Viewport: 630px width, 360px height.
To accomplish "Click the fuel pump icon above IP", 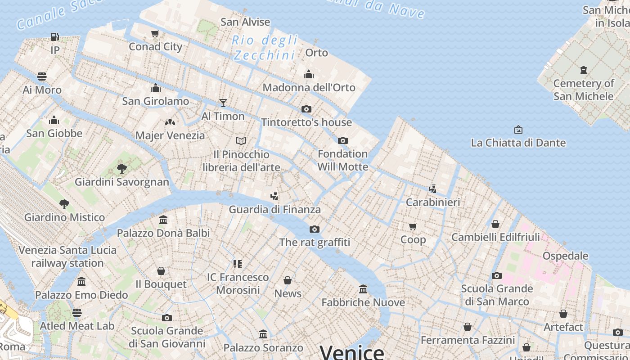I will [x=54, y=36].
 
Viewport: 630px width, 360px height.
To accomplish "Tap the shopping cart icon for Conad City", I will [x=155, y=33].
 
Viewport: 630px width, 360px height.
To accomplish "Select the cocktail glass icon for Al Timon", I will [x=223, y=103].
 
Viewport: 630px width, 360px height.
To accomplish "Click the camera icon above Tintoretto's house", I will [x=306, y=109].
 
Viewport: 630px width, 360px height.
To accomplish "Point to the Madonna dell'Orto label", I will [x=309, y=87].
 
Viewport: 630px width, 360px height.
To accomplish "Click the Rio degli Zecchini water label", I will [x=265, y=48].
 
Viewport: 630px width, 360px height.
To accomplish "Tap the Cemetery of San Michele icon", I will [x=584, y=70].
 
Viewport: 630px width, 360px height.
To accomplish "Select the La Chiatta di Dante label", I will [x=518, y=143].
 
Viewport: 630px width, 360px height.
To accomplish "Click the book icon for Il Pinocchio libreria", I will [x=241, y=141].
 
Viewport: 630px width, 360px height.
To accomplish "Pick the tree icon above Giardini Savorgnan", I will [x=121, y=169].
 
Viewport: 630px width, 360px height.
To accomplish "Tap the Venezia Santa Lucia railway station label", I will [x=67, y=256].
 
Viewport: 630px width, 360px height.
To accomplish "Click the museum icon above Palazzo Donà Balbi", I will [x=163, y=220].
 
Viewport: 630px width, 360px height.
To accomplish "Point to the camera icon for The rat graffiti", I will [x=315, y=229].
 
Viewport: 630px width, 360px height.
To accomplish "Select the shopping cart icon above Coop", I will [x=413, y=226].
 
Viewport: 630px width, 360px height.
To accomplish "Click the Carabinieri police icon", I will [x=432, y=189].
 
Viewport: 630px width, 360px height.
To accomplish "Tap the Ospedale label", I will [x=565, y=256].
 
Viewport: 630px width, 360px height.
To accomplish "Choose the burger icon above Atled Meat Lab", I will [x=77, y=312].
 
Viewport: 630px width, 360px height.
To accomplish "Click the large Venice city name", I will [x=352, y=352].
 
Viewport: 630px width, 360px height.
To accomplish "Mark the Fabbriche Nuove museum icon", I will [x=363, y=289].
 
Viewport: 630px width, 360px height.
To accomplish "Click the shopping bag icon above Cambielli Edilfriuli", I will [x=495, y=224].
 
